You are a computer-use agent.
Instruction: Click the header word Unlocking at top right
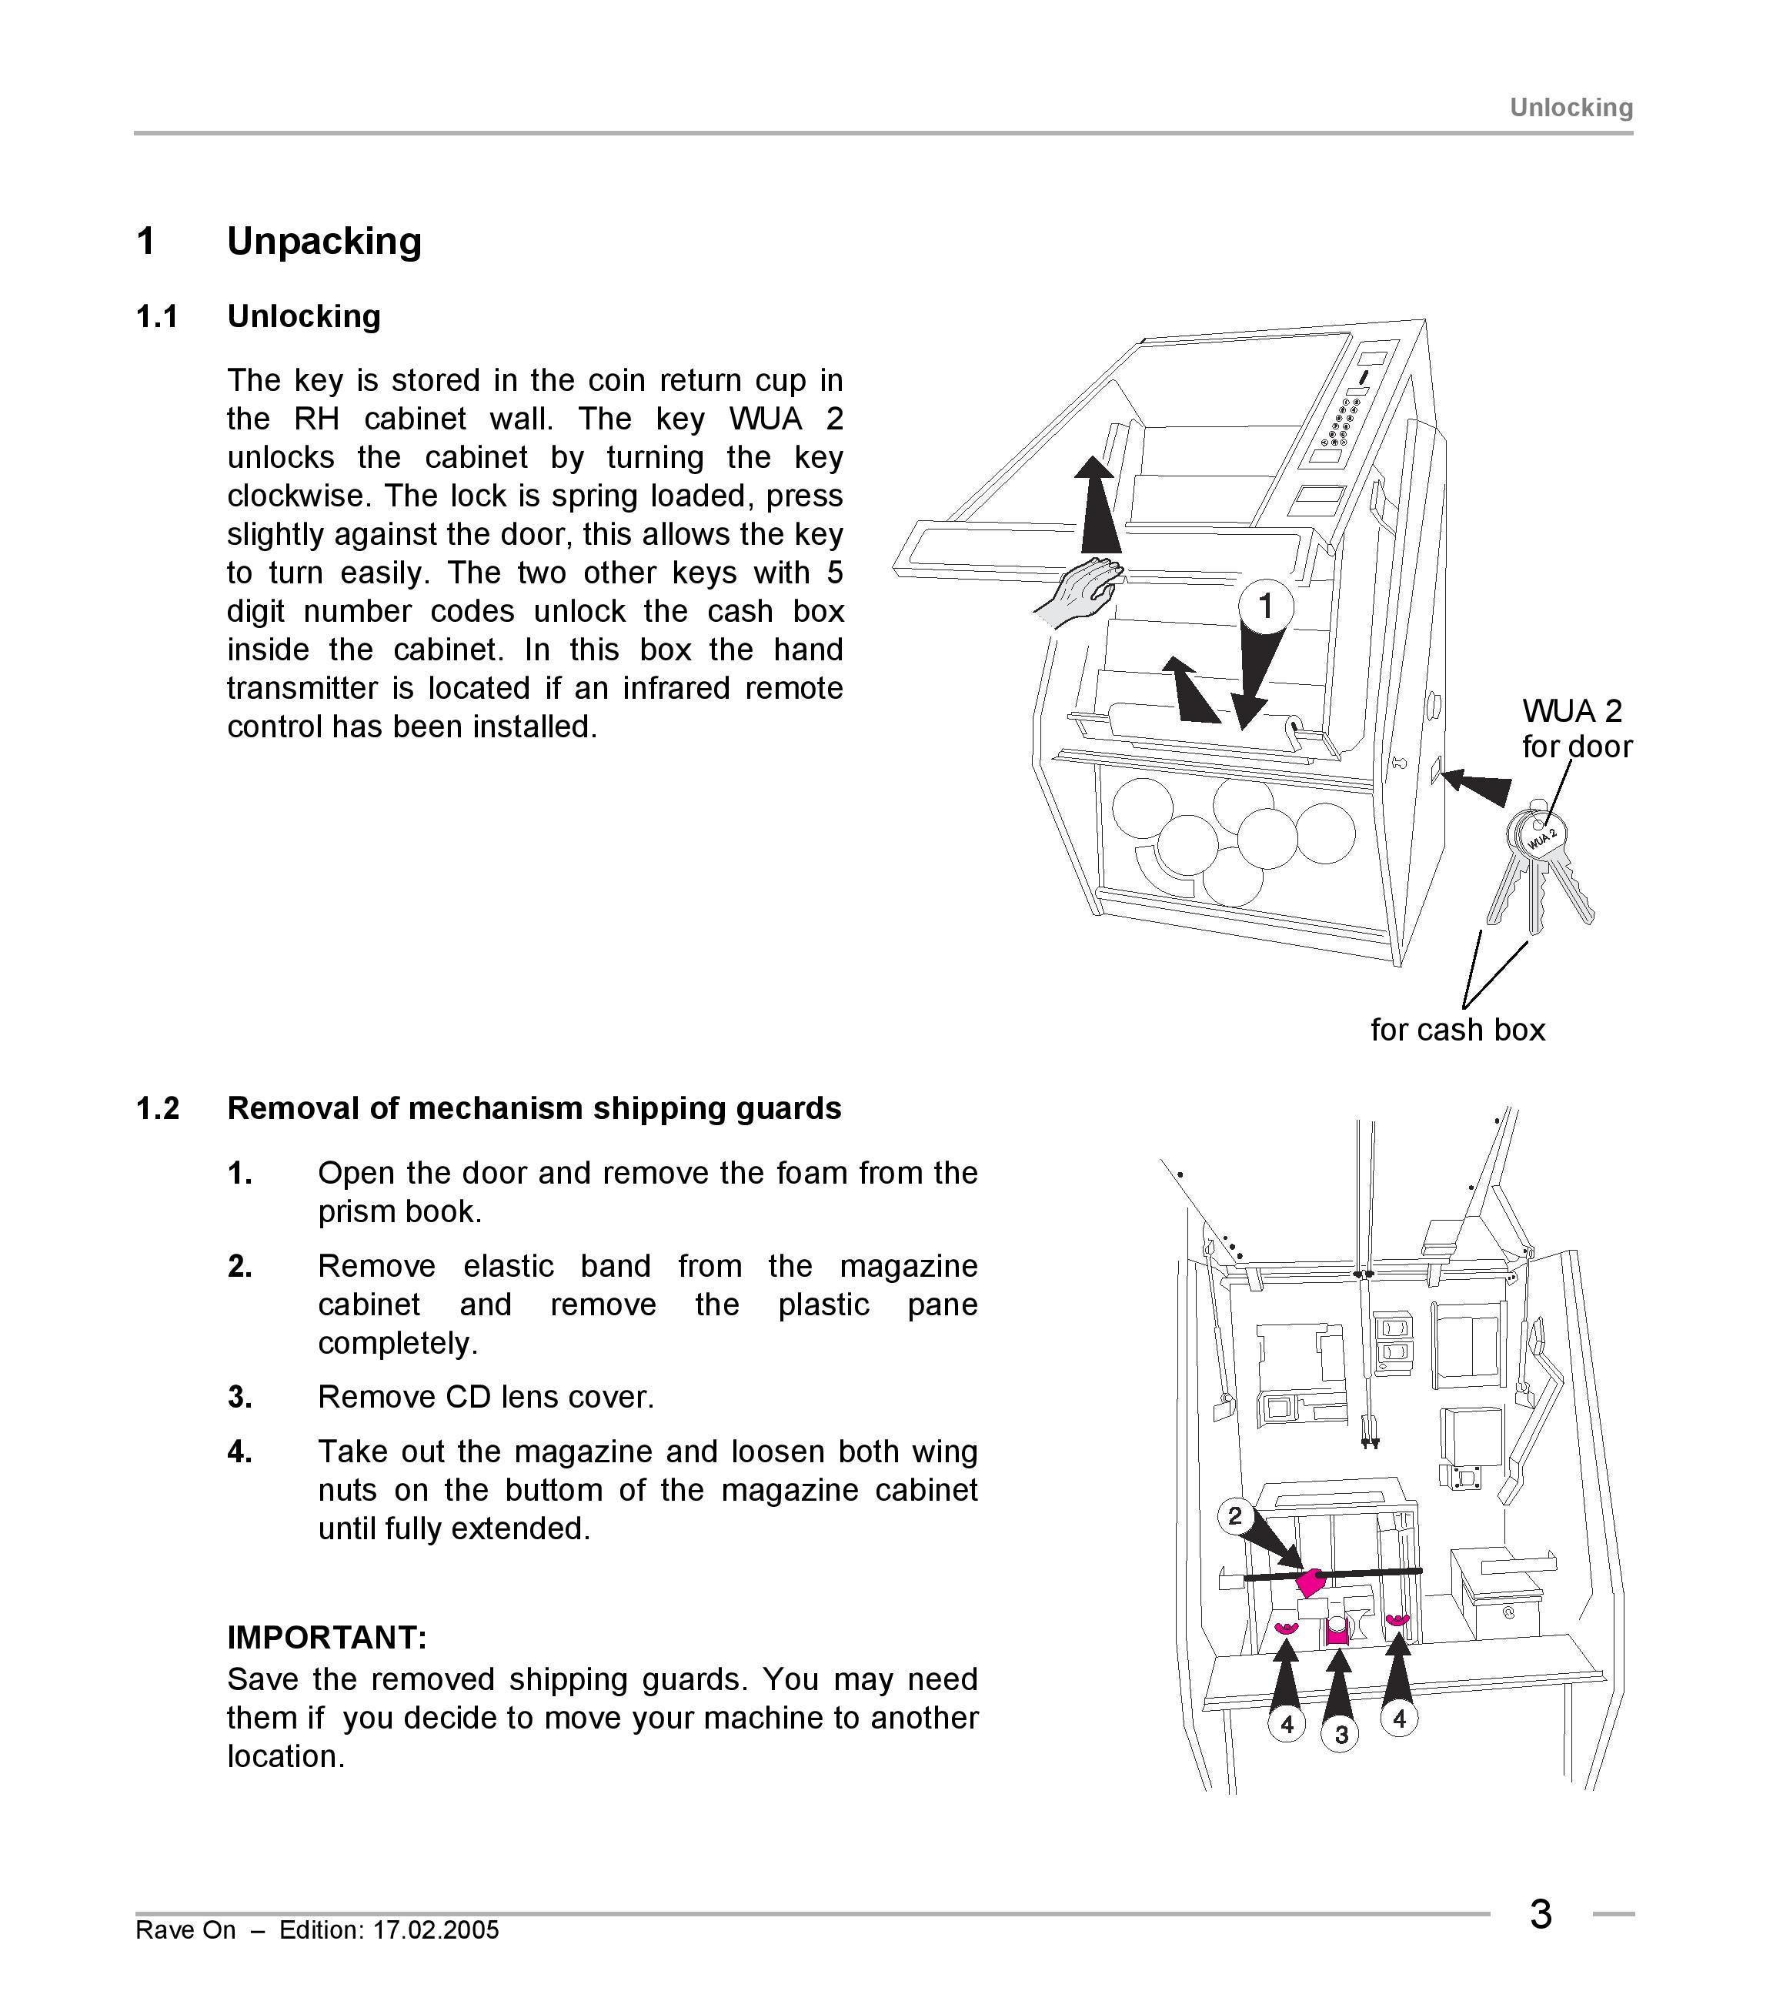(1571, 108)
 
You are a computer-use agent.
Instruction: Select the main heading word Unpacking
(324, 242)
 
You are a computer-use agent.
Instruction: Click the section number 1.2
(158, 1108)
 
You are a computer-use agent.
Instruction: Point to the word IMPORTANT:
(327, 1637)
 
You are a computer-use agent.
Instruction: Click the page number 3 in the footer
(1541, 1914)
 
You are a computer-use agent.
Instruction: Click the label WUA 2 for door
(1576, 728)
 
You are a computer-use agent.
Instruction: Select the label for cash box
(1457, 1029)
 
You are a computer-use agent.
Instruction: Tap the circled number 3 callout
(1341, 1735)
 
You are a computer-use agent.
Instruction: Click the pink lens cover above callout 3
(1337, 1630)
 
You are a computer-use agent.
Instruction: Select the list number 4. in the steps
(240, 1451)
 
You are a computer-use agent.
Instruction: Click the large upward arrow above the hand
(1097, 504)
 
